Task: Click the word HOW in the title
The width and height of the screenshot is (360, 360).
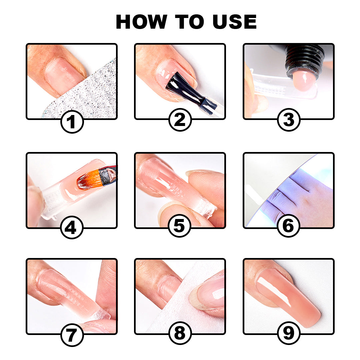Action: [x=141, y=22]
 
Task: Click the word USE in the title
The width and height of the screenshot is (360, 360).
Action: [x=233, y=22]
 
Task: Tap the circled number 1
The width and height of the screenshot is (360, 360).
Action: [x=72, y=121]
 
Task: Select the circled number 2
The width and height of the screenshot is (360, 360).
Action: [x=180, y=120]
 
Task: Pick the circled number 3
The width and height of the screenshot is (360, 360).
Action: [x=288, y=120]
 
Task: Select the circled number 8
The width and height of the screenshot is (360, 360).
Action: [x=180, y=333]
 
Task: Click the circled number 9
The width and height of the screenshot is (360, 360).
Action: [x=288, y=333]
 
